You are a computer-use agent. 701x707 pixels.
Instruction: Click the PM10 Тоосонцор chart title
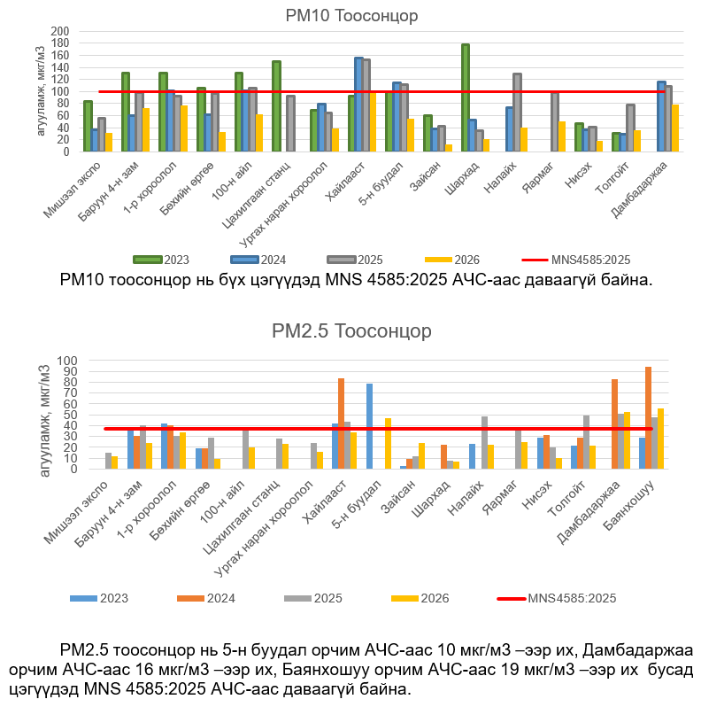[x=351, y=16]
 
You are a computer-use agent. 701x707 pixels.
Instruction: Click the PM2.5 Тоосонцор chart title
[x=351, y=331]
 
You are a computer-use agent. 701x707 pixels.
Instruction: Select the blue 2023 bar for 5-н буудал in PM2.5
[x=370, y=426]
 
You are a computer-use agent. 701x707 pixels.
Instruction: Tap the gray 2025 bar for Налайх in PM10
[x=517, y=113]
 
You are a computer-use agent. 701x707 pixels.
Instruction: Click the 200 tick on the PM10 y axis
[x=60, y=31]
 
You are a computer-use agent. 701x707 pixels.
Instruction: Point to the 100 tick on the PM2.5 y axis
[x=91, y=361]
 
